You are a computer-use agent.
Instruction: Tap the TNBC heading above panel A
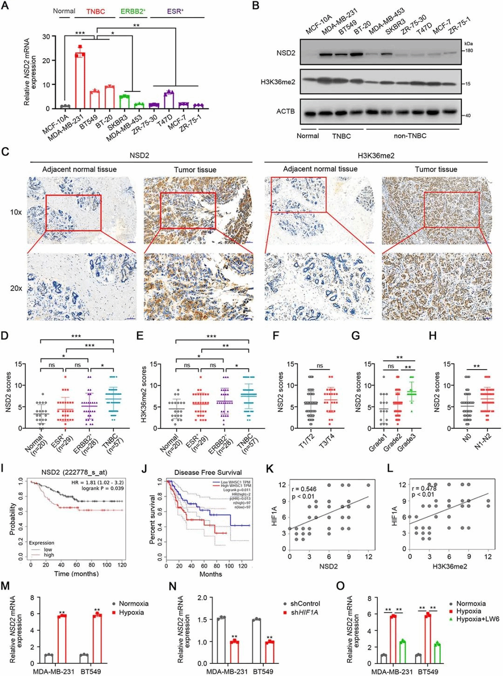[95, 11]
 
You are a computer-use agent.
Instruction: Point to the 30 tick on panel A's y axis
[46, 37]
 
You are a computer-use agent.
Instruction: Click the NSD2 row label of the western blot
[285, 53]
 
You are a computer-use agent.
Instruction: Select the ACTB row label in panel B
[285, 111]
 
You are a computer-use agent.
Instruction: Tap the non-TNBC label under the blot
[410, 136]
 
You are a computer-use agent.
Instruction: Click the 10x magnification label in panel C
[16, 212]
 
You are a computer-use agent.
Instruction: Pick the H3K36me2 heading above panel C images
[376, 155]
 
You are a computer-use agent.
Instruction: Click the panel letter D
[5, 335]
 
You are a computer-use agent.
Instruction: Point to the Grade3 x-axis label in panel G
[407, 443]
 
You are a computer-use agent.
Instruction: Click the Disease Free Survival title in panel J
[208, 472]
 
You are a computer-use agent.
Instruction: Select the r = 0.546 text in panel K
[304, 489]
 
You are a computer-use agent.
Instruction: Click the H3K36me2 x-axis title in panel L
[449, 566]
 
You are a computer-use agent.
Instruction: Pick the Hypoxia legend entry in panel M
[131, 613]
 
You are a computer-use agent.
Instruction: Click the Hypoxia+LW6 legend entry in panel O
[477, 619]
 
